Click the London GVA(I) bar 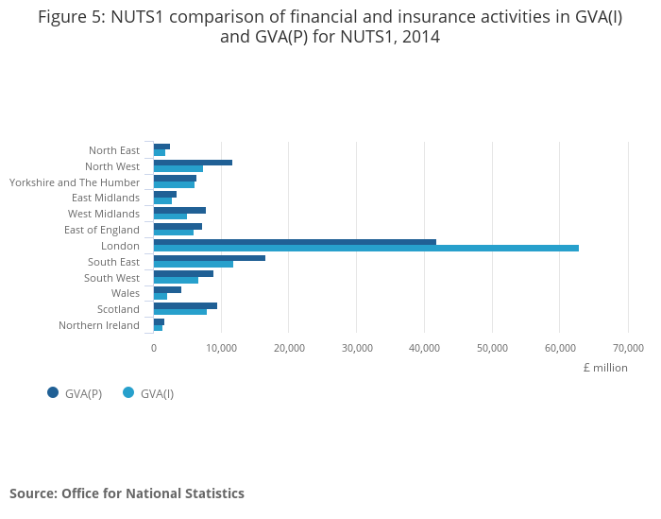366,248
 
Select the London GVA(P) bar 295,241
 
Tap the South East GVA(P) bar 210,257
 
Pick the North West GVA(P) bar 193,163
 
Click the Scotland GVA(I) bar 180,311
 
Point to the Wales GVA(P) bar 167,289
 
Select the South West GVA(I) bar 176,280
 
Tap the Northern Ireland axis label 98,325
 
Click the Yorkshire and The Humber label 74,182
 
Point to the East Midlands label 105,198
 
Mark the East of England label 101,230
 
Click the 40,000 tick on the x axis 424,347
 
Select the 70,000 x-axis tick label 628,347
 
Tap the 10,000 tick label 221,347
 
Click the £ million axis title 604,368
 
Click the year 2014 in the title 421,38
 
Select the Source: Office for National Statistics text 127,493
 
